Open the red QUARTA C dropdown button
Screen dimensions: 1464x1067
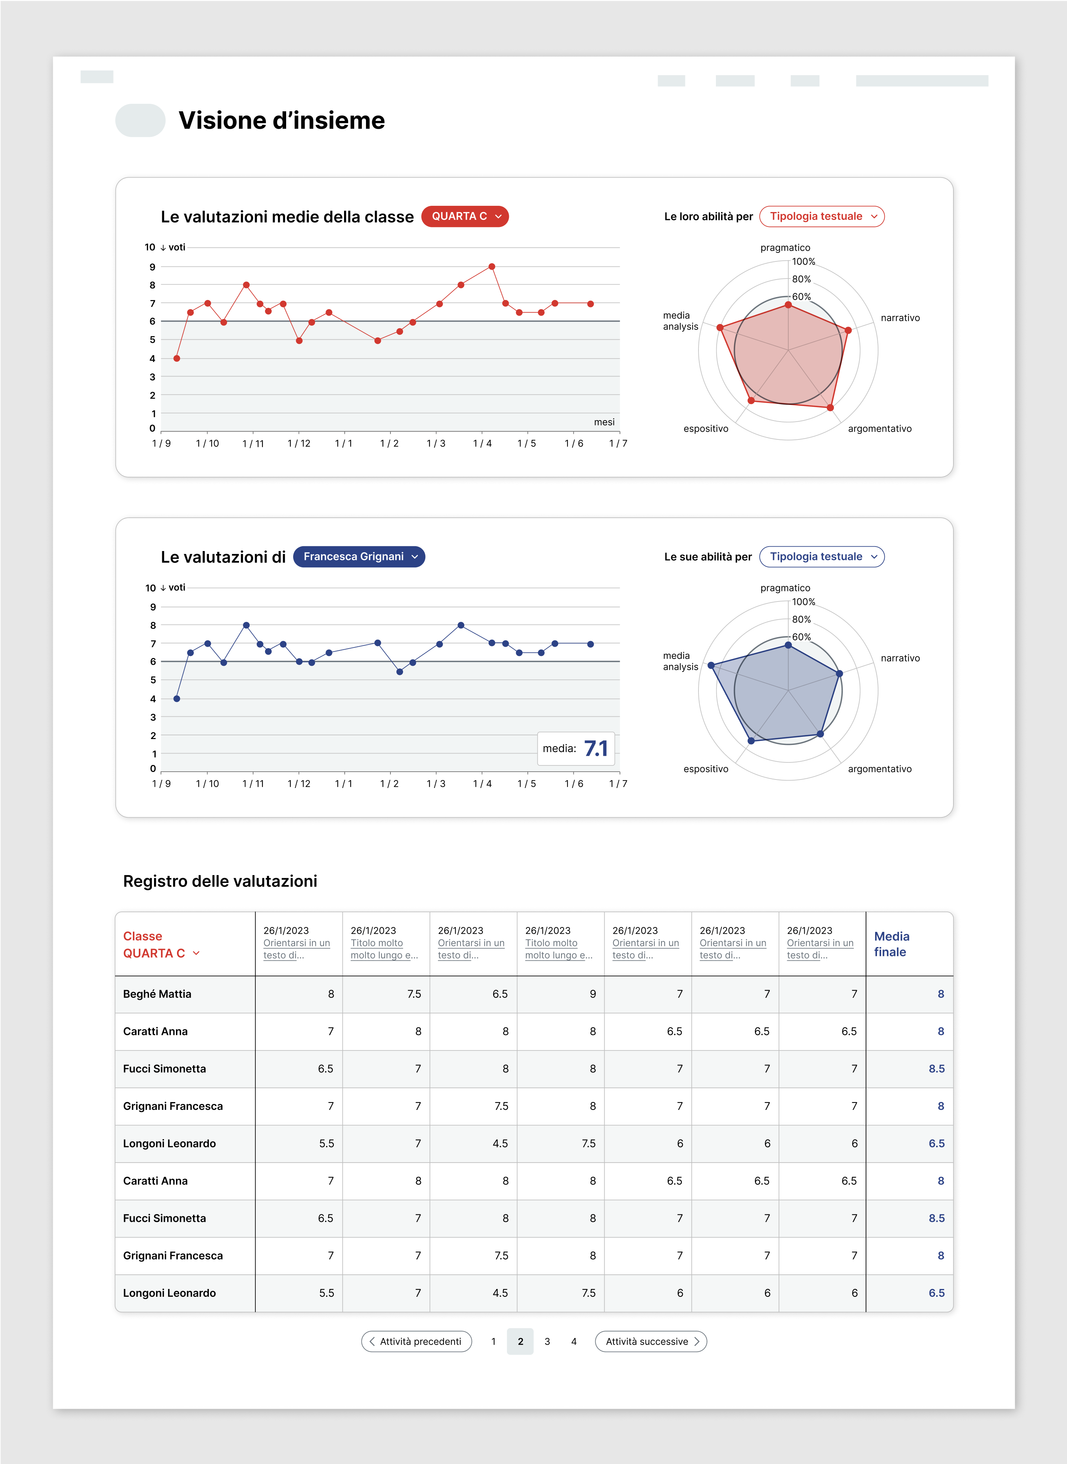click(x=464, y=216)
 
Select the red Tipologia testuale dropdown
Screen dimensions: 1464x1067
click(x=822, y=216)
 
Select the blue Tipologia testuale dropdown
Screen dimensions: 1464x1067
click(x=822, y=557)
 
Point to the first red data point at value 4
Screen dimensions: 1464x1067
click(x=176, y=358)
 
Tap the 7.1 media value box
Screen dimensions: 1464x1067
click(x=576, y=749)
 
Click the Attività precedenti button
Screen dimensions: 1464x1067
click(x=417, y=1341)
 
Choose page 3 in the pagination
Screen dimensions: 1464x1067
click(x=547, y=1341)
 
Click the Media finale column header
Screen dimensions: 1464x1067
click(x=891, y=944)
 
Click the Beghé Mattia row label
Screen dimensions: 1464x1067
click(x=157, y=994)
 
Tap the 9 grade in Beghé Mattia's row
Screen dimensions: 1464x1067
click(x=592, y=994)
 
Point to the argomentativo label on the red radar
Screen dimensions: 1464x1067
click(x=879, y=429)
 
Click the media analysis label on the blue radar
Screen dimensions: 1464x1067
click(x=680, y=661)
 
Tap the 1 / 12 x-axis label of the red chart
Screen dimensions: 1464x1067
click(x=298, y=444)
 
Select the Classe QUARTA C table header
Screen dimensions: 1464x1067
click(x=160, y=944)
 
